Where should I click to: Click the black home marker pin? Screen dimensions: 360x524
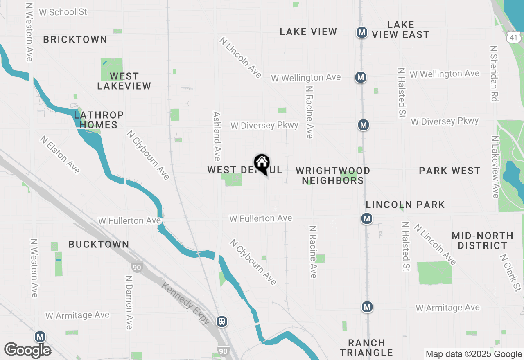262,164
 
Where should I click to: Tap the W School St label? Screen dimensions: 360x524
63,12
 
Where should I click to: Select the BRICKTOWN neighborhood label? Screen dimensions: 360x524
75,40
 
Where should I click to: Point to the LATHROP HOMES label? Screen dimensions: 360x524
99,120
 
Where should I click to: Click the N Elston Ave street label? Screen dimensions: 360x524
60,155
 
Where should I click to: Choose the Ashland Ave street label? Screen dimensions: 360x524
217,136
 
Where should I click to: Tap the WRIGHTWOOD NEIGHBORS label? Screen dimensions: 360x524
333,175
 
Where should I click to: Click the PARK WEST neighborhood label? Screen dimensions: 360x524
449,171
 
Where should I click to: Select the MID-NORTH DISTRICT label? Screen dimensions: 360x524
482,241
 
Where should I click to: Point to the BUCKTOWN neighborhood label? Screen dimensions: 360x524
99,244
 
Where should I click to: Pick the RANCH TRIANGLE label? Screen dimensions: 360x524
366,348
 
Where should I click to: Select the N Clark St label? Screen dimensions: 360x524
510,272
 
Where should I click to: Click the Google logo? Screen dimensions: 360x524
27,350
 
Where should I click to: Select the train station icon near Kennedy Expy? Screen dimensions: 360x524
222,322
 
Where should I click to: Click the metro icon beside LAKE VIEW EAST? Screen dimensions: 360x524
361,32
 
